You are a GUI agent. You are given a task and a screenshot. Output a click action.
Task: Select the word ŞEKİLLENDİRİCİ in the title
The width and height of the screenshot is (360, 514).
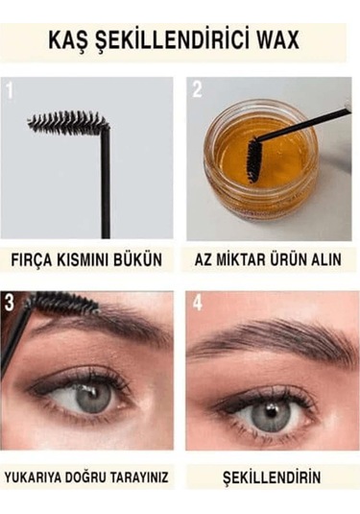(x=174, y=39)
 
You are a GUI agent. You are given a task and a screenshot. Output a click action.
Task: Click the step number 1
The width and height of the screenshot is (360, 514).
(x=11, y=91)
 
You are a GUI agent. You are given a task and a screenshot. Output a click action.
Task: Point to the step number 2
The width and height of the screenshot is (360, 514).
(x=197, y=91)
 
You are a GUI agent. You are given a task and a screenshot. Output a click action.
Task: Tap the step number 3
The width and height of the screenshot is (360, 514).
(x=11, y=302)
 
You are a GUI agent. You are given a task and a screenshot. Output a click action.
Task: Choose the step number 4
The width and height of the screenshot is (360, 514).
(x=197, y=302)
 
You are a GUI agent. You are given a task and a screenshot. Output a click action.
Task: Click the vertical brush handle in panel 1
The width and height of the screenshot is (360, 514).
(x=105, y=187)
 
